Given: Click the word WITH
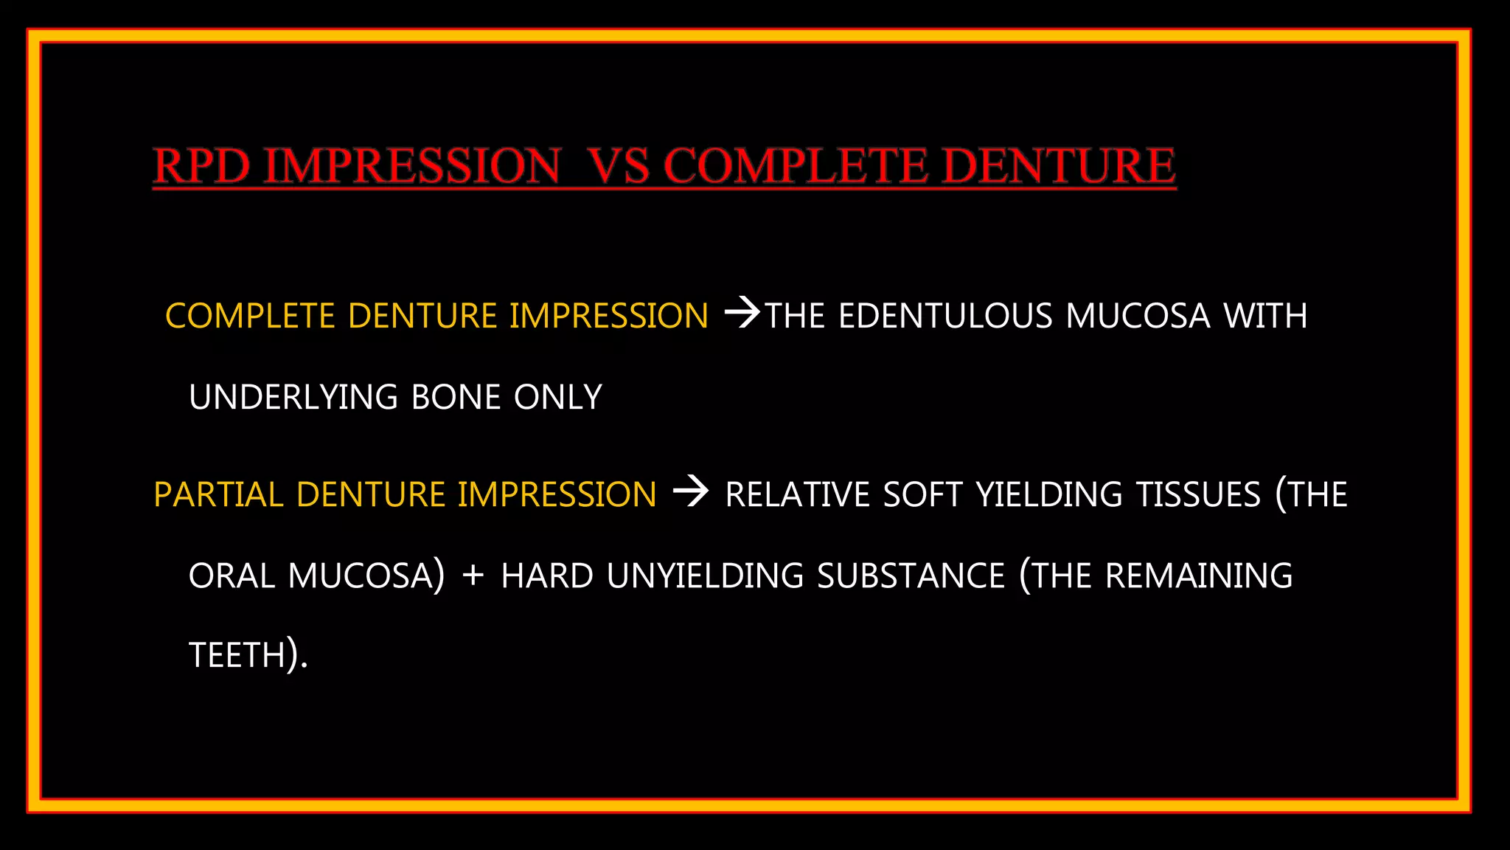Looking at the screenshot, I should coord(1265,316).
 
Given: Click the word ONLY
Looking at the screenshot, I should coord(557,397).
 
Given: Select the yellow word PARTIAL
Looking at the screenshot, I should coord(218,494).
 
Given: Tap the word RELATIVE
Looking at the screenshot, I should coord(797,494).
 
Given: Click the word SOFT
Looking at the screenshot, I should coord(922,494).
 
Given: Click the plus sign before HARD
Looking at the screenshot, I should coord(473,576).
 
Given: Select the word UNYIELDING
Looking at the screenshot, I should coord(705,576).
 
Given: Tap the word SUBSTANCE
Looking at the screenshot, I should coord(911,576).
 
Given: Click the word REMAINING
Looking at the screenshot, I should coord(1198,576).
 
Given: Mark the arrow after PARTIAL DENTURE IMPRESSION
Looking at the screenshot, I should coord(691,491).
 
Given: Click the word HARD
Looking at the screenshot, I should coord(547,576).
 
